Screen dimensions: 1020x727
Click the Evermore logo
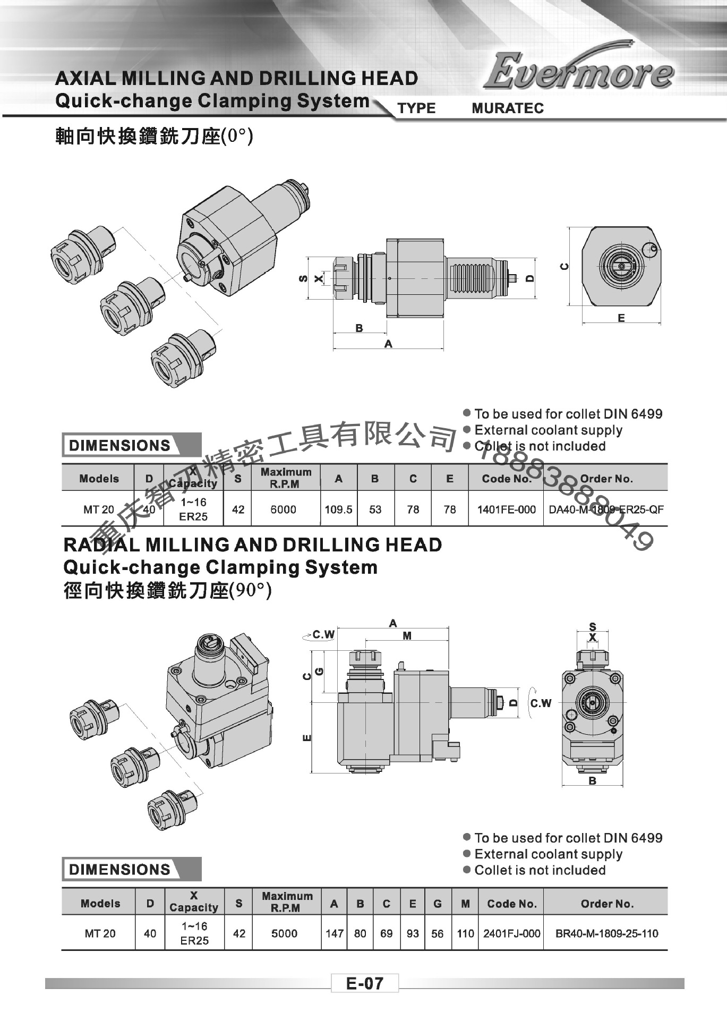(x=579, y=72)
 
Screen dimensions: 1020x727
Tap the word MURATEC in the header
(x=508, y=108)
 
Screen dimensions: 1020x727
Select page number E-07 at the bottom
(x=364, y=983)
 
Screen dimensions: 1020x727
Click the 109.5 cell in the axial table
(x=338, y=509)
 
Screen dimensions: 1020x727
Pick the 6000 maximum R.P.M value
(x=283, y=509)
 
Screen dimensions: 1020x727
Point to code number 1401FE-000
(x=506, y=509)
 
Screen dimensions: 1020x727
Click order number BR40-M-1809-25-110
(x=606, y=933)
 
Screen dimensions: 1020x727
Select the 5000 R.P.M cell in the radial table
(x=284, y=933)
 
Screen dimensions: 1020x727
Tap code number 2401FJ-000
(x=511, y=933)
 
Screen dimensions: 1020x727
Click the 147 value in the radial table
(x=335, y=933)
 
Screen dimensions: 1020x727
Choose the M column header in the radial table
(x=465, y=904)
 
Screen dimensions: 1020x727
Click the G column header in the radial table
(x=438, y=904)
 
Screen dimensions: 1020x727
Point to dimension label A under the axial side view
(x=388, y=344)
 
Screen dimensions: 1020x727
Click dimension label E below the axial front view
(x=621, y=318)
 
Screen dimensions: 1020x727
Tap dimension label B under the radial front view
(x=592, y=781)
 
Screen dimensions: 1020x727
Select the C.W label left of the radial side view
(x=323, y=634)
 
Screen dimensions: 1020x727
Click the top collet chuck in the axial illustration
(x=80, y=247)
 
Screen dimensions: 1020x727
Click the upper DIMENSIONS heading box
(x=121, y=445)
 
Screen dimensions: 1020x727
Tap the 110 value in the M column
(x=465, y=933)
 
